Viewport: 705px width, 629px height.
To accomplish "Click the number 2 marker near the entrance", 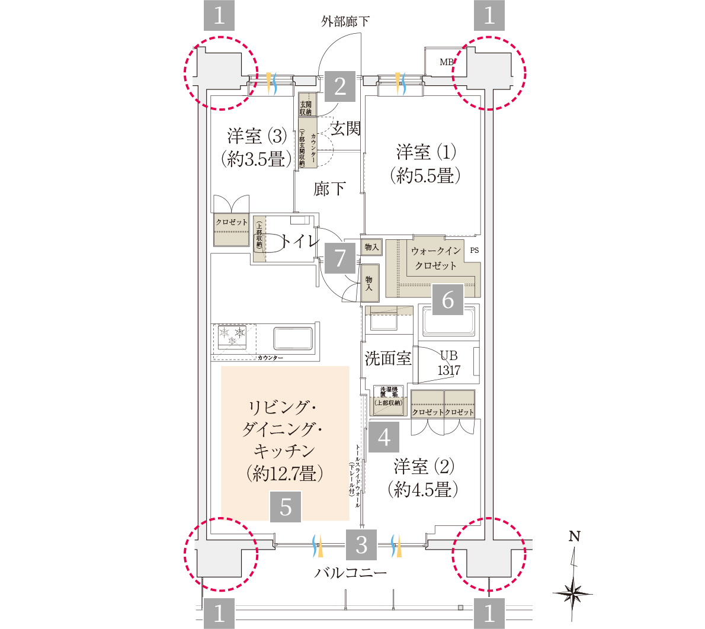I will pyautogui.click(x=340, y=87).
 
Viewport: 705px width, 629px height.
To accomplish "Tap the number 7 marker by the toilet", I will pyautogui.click(x=340, y=258).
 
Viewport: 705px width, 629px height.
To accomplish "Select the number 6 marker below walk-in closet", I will pyautogui.click(x=448, y=300).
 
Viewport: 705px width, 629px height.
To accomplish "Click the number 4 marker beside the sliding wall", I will pyautogui.click(x=384, y=438).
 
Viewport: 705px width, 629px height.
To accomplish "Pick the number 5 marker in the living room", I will pyautogui.click(x=286, y=508).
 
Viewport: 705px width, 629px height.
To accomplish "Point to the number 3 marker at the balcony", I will pyautogui.click(x=362, y=544).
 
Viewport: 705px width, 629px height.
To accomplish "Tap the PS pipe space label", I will pyautogui.click(x=474, y=251).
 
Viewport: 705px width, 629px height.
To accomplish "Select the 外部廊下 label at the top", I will pyautogui.click(x=345, y=22).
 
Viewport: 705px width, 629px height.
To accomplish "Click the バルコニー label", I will pyautogui.click(x=350, y=573).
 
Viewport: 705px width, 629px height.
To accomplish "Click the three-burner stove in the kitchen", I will pyautogui.click(x=232, y=337).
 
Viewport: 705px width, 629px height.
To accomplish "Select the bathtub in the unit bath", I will pyautogui.click(x=447, y=322).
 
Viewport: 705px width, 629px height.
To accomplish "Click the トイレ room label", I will pyautogui.click(x=300, y=241).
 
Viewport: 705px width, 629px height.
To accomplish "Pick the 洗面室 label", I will pyautogui.click(x=387, y=358).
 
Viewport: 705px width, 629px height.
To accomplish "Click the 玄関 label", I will pyautogui.click(x=345, y=129).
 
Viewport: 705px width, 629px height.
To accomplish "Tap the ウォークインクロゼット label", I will pyautogui.click(x=435, y=258).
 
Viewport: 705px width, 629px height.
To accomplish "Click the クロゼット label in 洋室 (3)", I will pyautogui.click(x=232, y=222).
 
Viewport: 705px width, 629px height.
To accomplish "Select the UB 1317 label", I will pyautogui.click(x=448, y=363).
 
